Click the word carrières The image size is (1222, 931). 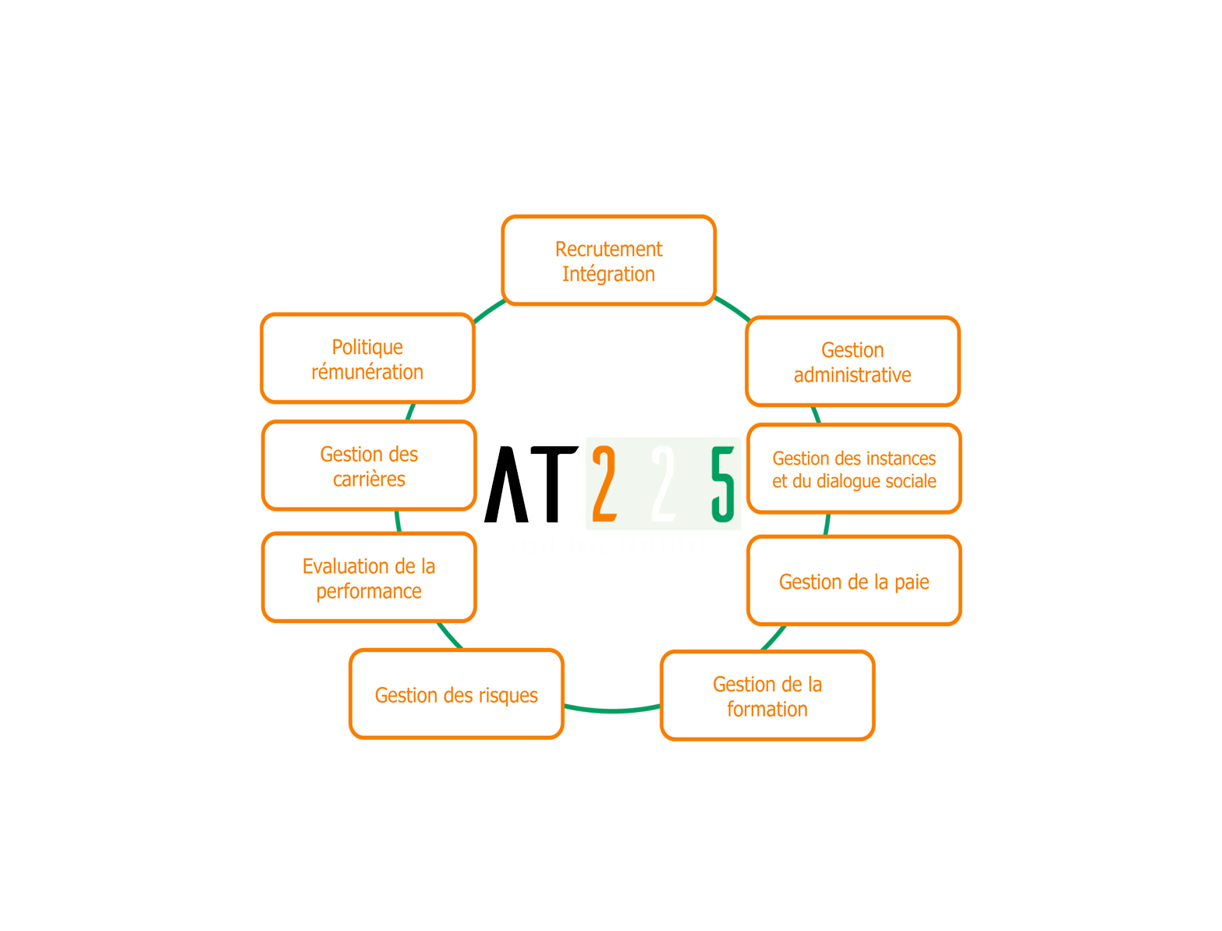click(x=369, y=479)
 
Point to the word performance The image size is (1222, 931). click(x=369, y=592)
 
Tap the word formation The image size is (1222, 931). click(x=767, y=709)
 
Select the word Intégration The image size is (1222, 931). click(x=608, y=274)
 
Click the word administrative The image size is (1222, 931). click(x=852, y=375)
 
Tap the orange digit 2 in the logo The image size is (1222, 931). click(x=604, y=483)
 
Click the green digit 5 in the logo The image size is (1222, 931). click(x=723, y=484)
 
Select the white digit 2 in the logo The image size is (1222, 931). click(x=663, y=483)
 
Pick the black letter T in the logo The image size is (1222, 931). click(x=554, y=484)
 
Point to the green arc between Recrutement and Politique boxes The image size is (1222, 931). click(x=489, y=310)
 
